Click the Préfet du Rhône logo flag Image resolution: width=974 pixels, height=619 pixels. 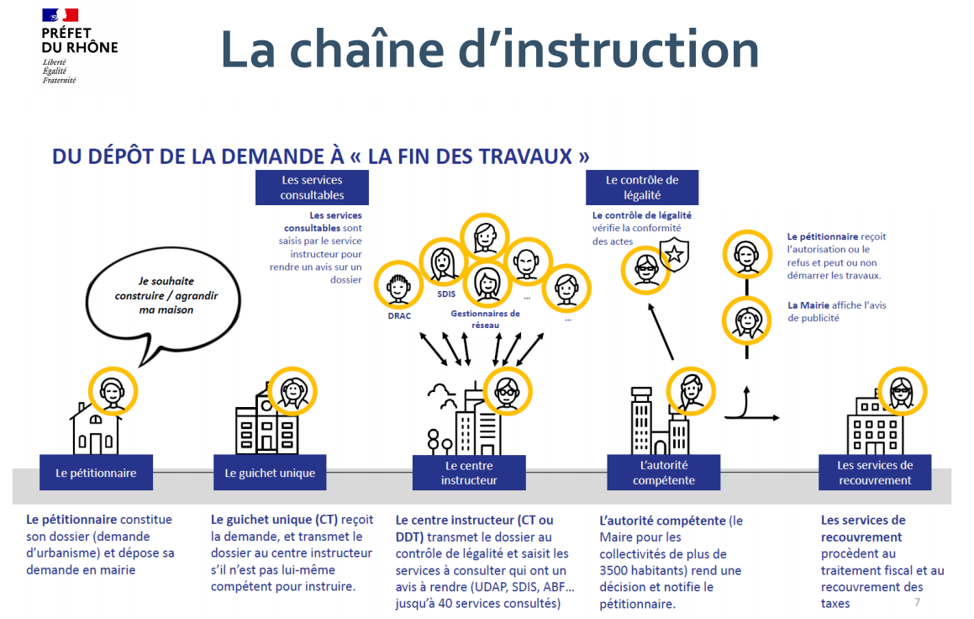point(60,15)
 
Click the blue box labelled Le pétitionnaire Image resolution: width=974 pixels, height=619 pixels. point(96,473)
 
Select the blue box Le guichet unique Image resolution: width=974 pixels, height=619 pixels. point(270,473)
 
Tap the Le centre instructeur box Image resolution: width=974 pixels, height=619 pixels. point(469,473)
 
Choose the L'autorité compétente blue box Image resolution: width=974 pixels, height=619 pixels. point(664,473)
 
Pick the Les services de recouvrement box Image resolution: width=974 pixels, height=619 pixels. point(875,473)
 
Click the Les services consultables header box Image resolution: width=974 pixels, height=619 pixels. point(312,188)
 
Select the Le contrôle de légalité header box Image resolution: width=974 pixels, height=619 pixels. point(642,188)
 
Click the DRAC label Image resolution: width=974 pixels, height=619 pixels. point(399,317)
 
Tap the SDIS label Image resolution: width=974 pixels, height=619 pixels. point(445,295)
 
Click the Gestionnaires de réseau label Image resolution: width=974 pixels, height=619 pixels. point(486,319)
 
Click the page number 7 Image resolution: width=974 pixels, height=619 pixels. point(917,602)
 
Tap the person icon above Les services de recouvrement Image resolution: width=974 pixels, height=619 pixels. point(902,390)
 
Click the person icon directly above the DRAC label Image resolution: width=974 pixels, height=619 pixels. point(398,285)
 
